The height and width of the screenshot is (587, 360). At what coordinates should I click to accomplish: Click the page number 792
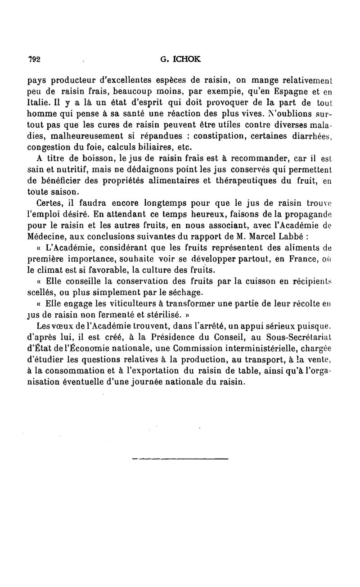click(34, 59)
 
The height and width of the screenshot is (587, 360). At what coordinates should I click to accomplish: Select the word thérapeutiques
click(252, 181)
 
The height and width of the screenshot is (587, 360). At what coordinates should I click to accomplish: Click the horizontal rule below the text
click(180, 459)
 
